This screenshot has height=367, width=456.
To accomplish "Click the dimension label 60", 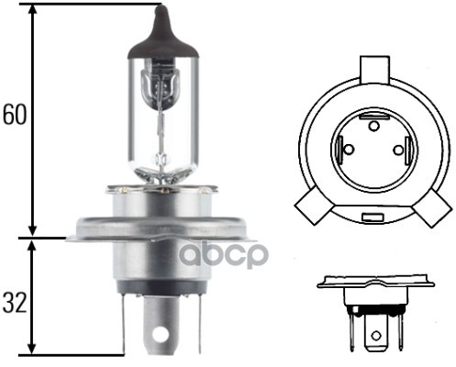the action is [15, 115].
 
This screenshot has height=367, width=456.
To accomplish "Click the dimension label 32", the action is [14, 303].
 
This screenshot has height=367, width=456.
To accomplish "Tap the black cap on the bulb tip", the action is [162, 35].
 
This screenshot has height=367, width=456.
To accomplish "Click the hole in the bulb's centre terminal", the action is [161, 334].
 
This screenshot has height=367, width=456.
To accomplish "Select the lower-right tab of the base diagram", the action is [432, 207].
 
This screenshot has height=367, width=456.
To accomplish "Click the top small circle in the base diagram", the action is [373, 126].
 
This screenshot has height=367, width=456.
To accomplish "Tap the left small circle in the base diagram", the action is [349, 150].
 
